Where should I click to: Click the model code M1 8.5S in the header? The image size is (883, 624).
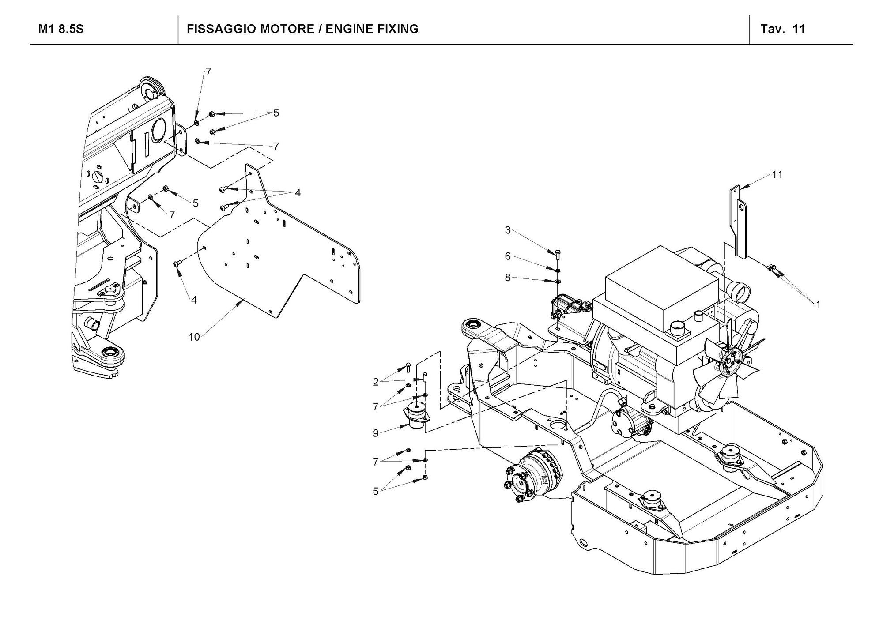click(61, 29)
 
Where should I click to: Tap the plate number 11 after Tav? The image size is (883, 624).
click(799, 29)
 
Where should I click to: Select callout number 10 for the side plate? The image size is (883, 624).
click(194, 337)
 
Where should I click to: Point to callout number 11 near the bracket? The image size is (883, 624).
click(777, 175)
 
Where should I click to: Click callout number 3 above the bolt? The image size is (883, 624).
click(508, 230)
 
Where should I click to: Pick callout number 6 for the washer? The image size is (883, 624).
click(508, 256)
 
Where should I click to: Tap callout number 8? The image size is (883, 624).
click(508, 278)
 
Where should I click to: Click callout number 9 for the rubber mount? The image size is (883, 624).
click(376, 433)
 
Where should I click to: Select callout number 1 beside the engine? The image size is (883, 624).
click(818, 304)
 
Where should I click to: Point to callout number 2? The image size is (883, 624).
click(376, 382)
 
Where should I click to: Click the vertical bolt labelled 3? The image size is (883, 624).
click(557, 255)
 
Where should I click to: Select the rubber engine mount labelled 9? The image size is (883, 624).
click(415, 416)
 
